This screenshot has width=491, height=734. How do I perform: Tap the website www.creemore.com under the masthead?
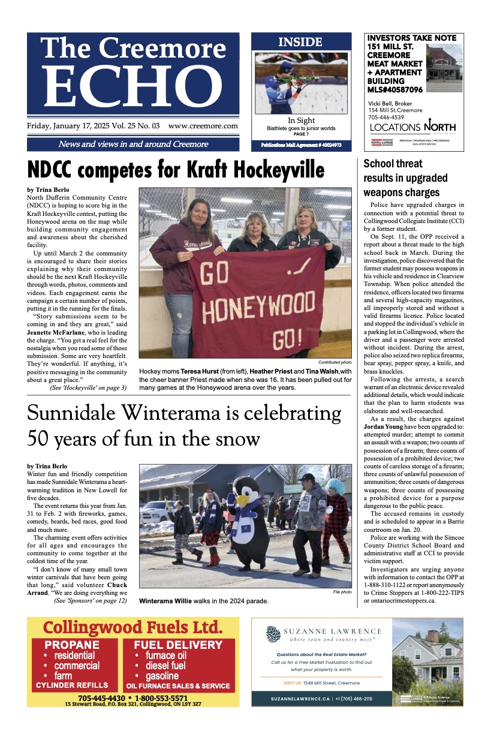point(203,127)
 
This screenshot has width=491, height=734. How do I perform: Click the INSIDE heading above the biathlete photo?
point(300,42)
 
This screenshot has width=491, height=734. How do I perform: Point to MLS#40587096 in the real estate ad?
point(394,90)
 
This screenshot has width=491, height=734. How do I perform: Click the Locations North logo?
point(412,127)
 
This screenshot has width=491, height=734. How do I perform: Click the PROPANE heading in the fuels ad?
point(72,645)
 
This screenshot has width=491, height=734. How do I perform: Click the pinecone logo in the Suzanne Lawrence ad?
point(273,634)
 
